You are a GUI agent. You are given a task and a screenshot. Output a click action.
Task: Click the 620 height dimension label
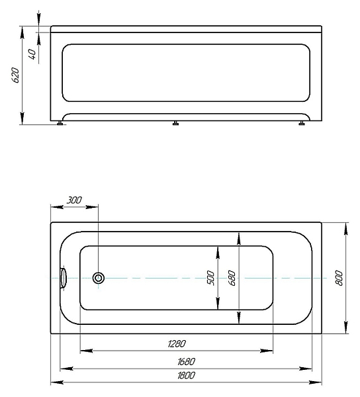coord(15,75)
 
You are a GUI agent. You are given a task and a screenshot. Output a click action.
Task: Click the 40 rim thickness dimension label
coord(32,54)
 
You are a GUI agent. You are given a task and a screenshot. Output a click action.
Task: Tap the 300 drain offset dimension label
coord(74,200)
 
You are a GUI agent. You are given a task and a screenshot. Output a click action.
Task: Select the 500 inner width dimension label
coord(210,278)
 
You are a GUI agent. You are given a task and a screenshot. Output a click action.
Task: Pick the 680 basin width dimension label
coord(232,278)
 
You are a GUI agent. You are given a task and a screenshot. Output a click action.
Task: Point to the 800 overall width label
coord(339,278)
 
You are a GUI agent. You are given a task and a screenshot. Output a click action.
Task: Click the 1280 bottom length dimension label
coord(177,343)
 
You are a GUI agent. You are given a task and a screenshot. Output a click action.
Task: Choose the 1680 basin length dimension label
coord(186,361)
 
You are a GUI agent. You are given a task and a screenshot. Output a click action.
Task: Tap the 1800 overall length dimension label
coord(186,375)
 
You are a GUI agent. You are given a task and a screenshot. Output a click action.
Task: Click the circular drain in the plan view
coord(98,278)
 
